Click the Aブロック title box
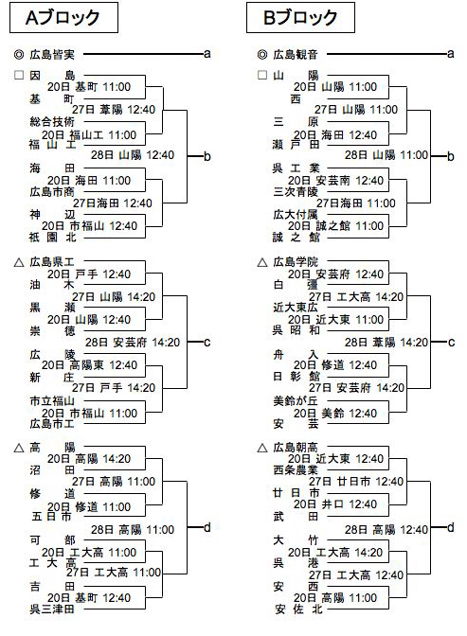coord(63,17)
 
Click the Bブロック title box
coord(300,17)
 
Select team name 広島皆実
coord(52,54)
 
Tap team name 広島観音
coord(296,54)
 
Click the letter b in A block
coord(207,156)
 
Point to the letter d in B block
coord(450,527)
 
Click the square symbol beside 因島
coord(19,75)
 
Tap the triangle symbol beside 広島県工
coord(19,263)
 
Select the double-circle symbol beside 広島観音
coord(262,54)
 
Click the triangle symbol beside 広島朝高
coord(262,448)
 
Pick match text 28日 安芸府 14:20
coord(133,343)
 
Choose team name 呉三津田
coord(52,609)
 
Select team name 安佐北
coord(298,609)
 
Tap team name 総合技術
coord(52,121)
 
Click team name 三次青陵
coord(296,191)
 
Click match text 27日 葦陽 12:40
coord(114,110)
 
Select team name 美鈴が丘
coord(296,401)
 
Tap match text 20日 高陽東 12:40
coord(89,365)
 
